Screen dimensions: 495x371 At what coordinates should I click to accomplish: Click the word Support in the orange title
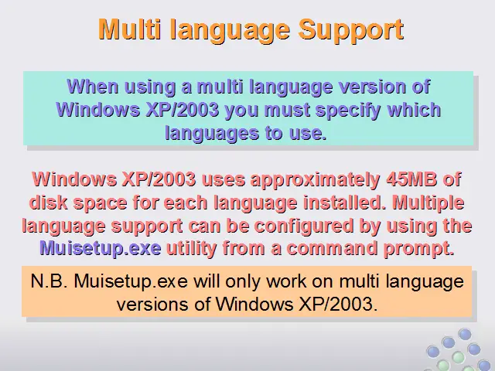click(351, 30)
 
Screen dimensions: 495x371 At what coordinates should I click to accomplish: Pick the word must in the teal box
click(287, 110)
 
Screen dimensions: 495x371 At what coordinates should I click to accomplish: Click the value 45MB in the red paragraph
click(411, 179)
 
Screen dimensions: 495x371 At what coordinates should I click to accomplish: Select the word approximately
click(315, 180)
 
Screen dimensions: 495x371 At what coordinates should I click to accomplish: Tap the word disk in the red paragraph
click(48, 203)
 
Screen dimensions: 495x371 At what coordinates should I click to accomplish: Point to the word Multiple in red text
click(428, 203)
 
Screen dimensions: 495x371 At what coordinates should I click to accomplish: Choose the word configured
click(304, 226)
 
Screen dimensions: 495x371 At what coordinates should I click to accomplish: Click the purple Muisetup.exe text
click(101, 249)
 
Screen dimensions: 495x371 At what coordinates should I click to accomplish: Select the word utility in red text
click(192, 248)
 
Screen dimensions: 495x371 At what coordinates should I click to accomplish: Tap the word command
click(332, 248)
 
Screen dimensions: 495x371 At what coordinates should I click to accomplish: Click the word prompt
click(419, 249)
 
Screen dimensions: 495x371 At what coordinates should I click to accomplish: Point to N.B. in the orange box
click(49, 281)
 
